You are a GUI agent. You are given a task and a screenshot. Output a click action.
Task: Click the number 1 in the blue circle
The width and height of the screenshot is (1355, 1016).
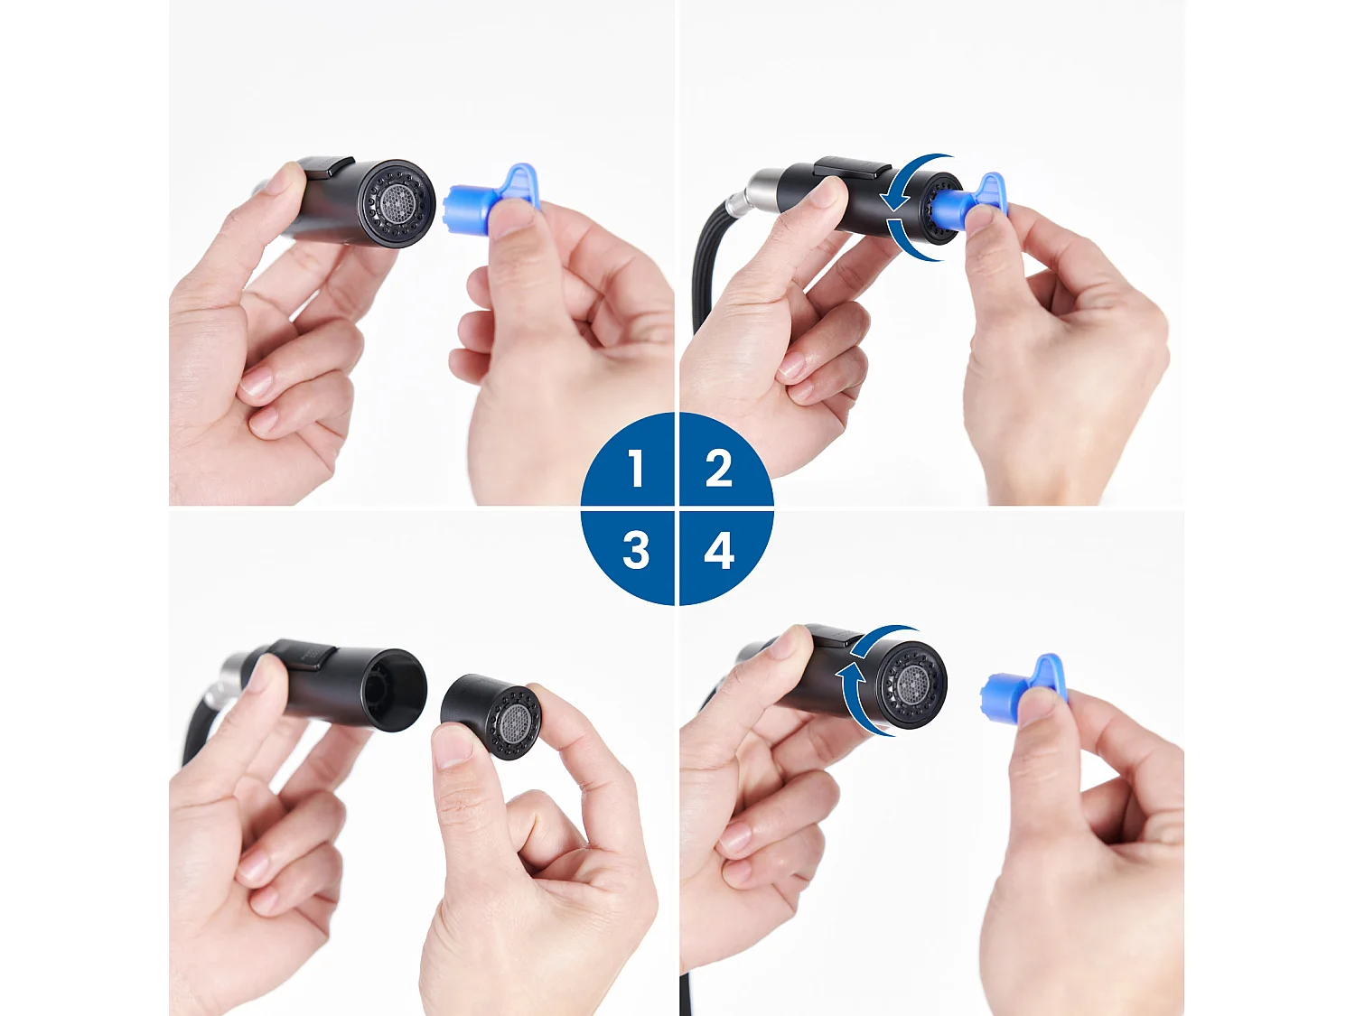point(636,469)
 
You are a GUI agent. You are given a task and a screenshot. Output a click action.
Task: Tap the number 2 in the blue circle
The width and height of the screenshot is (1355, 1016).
point(718,469)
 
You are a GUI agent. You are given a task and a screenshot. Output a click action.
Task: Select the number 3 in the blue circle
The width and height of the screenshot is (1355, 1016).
point(636,550)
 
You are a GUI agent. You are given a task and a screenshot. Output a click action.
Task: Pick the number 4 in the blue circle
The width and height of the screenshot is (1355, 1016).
point(719,550)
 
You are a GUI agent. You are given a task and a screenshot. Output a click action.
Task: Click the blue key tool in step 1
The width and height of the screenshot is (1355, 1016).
point(492,195)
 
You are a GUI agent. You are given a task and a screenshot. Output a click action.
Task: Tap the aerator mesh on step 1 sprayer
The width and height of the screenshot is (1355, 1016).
point(398,202)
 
